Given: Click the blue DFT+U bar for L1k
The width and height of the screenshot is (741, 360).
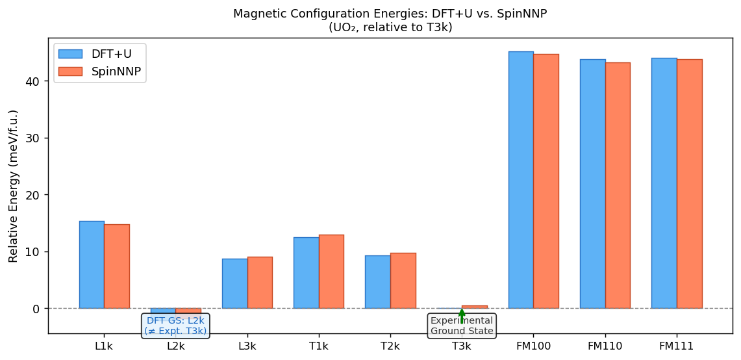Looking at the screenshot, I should point(92,264).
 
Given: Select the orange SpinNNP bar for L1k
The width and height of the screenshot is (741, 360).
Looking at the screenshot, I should point(117,266).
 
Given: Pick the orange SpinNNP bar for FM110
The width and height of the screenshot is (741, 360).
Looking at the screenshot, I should point(618,185).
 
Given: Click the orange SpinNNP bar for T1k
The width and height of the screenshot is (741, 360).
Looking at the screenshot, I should point(331,272).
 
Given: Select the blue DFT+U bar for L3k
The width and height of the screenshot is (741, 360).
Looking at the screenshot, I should point(234,283).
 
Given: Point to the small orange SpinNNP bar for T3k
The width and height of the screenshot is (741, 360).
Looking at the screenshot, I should point(474,307).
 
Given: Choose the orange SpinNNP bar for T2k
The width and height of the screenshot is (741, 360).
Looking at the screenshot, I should point(403,281).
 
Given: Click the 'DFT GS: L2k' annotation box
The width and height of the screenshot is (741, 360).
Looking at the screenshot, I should point(175,326).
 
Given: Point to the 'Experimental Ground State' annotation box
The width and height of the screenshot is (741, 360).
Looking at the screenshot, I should point(462,326).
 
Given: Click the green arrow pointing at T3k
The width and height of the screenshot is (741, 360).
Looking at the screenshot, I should point(462,315).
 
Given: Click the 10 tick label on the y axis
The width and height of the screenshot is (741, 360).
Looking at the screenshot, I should point(34,251).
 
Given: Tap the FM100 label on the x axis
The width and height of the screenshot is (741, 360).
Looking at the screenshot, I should point(533,346).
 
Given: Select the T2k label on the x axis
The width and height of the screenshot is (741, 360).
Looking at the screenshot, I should point(390,346).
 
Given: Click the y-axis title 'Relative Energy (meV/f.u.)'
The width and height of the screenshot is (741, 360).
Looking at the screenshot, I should point(14,186).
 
